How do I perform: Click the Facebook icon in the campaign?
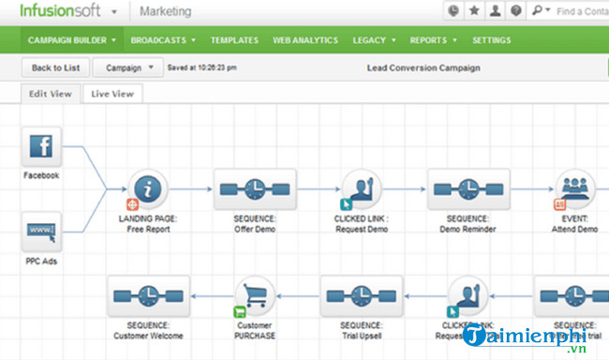pyautogui.click(x=41, y=147)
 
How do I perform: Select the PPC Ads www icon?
pyautogui.click(x=41, y=231)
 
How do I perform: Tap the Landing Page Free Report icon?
pyautogui.click(x=148, y=190)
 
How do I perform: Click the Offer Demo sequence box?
pyautogui.click(x=255, y=190)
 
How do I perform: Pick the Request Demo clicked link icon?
pyautogui.click(x=361, y=190)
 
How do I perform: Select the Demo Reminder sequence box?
pyautogui.click(x=468, y=190)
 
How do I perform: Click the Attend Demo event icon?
pyautogui.click(x=575, y=190)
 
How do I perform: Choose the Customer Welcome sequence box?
pyautogui.click(x=148, y=296)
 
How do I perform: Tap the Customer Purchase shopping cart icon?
pyautogui.click(x=255, y=296)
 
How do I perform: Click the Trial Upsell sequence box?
pyautogui.click(x=362, y=296)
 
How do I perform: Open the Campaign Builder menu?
pyautogui.click(x=72, y=41)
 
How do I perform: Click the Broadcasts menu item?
pyautogui.click(x=163, y=41)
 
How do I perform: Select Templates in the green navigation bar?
pyautogui.click(x=234, y=41)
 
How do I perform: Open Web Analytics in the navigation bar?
pyautogui.click(x=305, y=41)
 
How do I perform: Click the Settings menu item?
pyautogui.click(x=492, y=41)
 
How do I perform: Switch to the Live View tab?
pyautogui.click(x=112, y=94)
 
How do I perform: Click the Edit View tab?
pyautogui.click(x=51, y=94)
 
